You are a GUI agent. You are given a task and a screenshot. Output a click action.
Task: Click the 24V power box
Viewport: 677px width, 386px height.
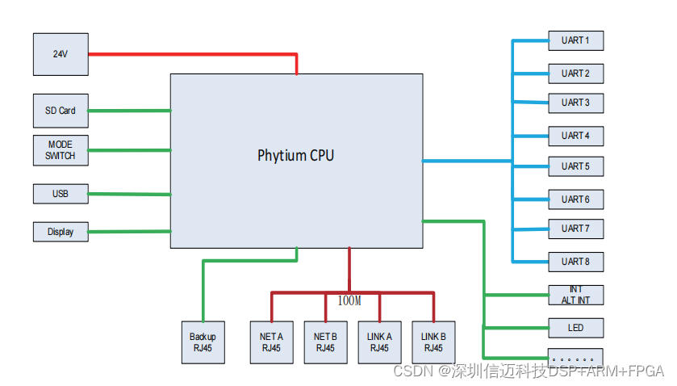pyautogui.click(x=61, y=54)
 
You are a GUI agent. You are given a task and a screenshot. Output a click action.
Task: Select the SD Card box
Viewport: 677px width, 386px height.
pyautogui.click(x=61, y=111)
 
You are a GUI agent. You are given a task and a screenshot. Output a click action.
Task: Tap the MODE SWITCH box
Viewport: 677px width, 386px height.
pyautogui.click(x=61, y=150)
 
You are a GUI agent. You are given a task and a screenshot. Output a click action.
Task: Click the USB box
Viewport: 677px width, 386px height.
pyautogui.click(x=61, y=194)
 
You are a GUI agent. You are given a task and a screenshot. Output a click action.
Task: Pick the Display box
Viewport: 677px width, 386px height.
pyautogui.click(x=61, y=232)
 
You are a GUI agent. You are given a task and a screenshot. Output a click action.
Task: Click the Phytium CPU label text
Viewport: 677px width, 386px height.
pyautogui.click(x=295, y=155)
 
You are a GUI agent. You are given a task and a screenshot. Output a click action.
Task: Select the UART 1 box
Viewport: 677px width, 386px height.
pyautogui.click(x=575, y=40)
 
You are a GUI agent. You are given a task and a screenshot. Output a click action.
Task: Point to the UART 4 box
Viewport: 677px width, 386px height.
pyautogui.click(x=575, y=136)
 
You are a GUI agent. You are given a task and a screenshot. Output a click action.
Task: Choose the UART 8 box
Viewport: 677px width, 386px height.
pyautogui.click(x=575, y=262)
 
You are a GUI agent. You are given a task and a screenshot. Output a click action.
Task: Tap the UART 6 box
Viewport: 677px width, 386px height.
pyautogui.click(x=575, y=199)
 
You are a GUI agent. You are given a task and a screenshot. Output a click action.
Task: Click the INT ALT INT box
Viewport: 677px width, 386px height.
pyautogui.click(x=575, y=295)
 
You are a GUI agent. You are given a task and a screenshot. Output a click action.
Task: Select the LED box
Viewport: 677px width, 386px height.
pyautogui.click(x=575, y=328)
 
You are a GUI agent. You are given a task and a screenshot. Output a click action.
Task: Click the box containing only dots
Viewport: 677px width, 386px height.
pyautogui.click(x=575, y=356)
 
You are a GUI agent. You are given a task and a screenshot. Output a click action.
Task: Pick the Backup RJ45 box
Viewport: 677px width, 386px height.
pyautogui.click(x=203, y=342)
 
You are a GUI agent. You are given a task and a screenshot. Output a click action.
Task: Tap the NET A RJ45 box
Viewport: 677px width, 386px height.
pyautogui.click(x=271, y=342)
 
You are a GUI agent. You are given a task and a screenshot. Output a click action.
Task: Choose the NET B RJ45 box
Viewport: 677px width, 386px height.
pyautogui.click(x=325, y=342)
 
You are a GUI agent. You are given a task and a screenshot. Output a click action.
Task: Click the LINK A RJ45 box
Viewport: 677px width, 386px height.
pyautogui.click(x=379, y=342)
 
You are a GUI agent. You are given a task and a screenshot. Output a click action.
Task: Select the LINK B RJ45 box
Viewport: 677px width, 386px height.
pyautogui.click(x=433, y=342)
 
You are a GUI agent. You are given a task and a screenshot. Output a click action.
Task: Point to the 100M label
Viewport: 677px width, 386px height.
pyautogui.click(x=349, y=301)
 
